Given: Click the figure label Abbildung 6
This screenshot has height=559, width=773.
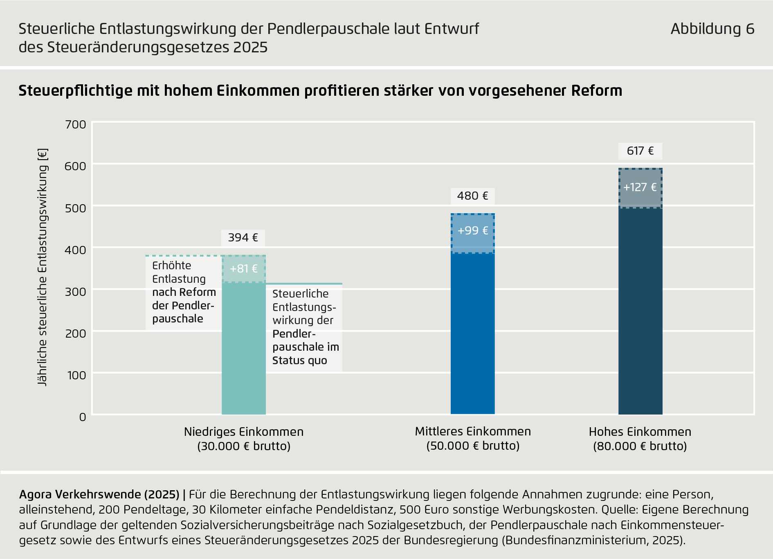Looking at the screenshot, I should (712, 29).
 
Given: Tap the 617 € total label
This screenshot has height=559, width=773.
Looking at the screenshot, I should (640, 151).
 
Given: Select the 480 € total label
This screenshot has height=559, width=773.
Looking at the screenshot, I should (472, 196).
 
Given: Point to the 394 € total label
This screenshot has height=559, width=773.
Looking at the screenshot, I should (243, 238).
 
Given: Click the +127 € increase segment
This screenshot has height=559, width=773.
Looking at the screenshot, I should (640, 188).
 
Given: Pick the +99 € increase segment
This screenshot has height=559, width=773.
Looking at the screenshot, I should (472, 231).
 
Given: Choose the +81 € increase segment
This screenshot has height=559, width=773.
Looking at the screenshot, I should (243, 269).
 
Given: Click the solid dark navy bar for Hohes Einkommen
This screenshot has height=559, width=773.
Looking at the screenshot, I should (640, 311).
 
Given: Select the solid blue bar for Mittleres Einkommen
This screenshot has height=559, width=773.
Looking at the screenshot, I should (472, 334).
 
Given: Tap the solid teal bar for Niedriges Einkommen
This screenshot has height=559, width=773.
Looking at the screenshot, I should (243, 348).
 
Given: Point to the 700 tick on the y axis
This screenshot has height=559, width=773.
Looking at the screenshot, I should (76, 124).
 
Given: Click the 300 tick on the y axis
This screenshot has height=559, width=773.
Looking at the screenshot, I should (76, 292).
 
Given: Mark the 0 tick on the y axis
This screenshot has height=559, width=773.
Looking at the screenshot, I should (83, 417).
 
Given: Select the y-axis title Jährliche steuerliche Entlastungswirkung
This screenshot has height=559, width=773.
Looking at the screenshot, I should (43, 267).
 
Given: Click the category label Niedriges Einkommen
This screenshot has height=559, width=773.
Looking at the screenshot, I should (244, 432).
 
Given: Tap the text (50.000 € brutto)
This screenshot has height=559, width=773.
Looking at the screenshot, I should (473, 446).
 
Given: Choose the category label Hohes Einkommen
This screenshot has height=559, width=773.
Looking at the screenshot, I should (640, 432).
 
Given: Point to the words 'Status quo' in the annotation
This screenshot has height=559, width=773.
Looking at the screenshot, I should (300, 361).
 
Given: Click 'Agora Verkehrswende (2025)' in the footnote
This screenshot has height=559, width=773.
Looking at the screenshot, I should (99, 494).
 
